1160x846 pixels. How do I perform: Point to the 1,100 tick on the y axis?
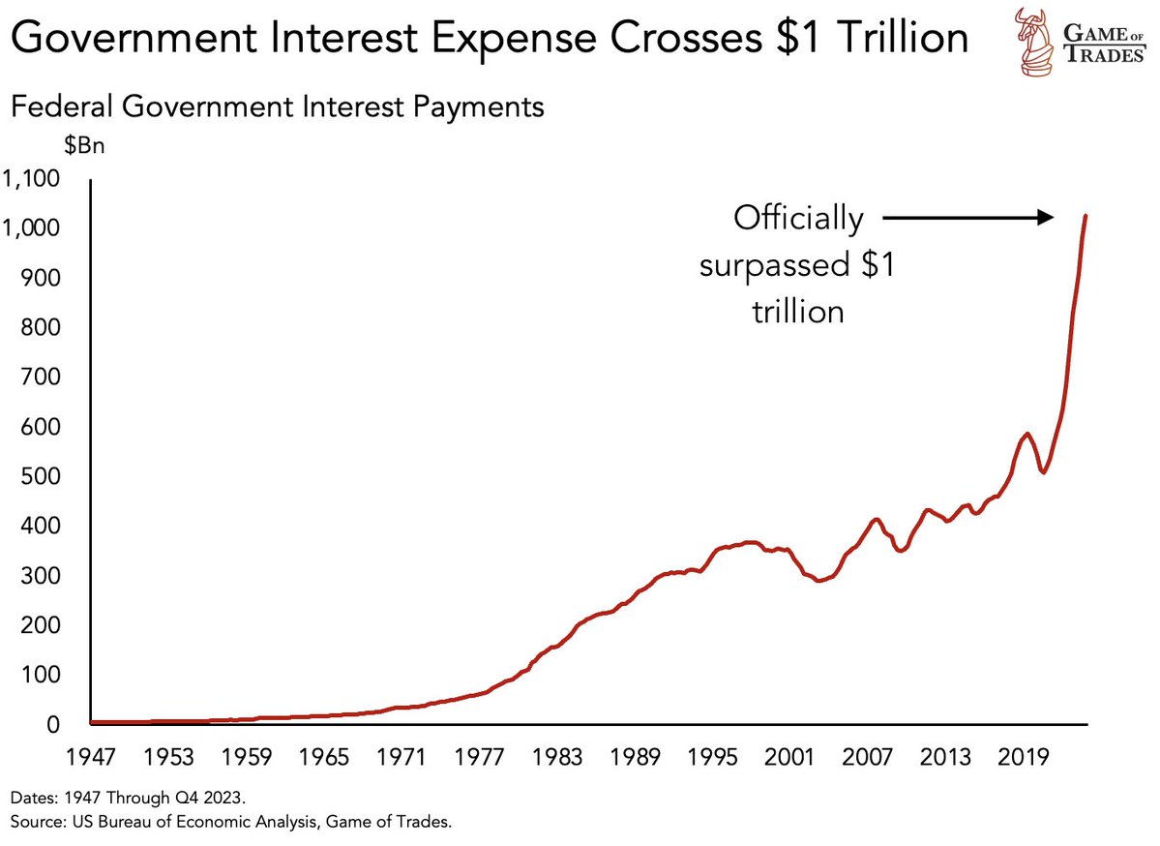pos(31,179)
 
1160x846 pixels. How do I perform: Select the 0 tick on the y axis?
pos(54,725)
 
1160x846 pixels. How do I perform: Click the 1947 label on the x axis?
pos(90,755)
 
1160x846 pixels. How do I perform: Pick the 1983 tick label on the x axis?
pos(557,755)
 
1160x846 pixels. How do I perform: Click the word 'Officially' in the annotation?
pos(797,219)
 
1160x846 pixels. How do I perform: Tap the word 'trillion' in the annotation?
pos(797,312)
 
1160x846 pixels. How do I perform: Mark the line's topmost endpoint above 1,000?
pos(1086,215)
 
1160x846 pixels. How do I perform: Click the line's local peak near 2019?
pos(1026,434)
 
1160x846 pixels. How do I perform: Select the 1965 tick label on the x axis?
pos(324,755)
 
